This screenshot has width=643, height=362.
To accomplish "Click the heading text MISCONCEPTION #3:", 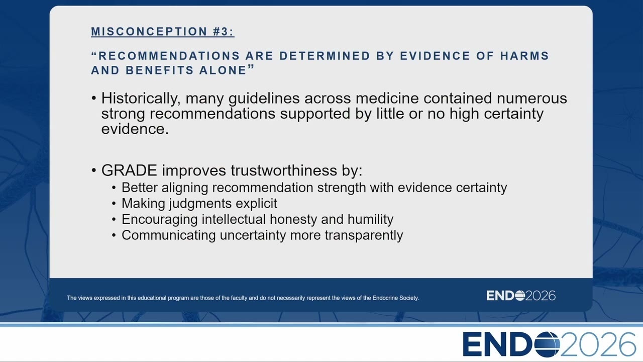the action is click(162, 31).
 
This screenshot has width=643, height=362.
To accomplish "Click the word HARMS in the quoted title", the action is click(524, 56).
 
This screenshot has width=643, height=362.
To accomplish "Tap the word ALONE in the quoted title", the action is click(223, 70).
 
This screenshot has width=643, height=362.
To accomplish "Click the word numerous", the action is click(532, 99).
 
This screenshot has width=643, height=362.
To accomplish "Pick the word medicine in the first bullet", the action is click(387, 98).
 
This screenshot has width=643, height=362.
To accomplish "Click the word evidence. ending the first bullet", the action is click(135, 129).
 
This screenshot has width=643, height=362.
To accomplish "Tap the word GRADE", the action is click(129, 170).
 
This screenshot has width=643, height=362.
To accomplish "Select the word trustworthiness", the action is click(284, 170).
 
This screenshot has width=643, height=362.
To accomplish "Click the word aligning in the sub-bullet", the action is click(185, 188).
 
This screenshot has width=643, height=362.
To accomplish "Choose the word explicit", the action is click(256, 204).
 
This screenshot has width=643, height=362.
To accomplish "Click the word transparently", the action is click(364, 235).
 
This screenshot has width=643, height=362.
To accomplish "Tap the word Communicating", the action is click(168, 235).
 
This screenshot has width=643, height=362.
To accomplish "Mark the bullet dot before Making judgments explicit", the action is click(114, 204).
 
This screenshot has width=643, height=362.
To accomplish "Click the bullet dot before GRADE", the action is click(93, 170).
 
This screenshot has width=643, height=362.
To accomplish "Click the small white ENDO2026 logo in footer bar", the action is click(521, 296).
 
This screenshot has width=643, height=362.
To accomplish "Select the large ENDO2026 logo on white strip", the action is click(549, 344).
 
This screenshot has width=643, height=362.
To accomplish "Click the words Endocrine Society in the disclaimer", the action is click(395, 298).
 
